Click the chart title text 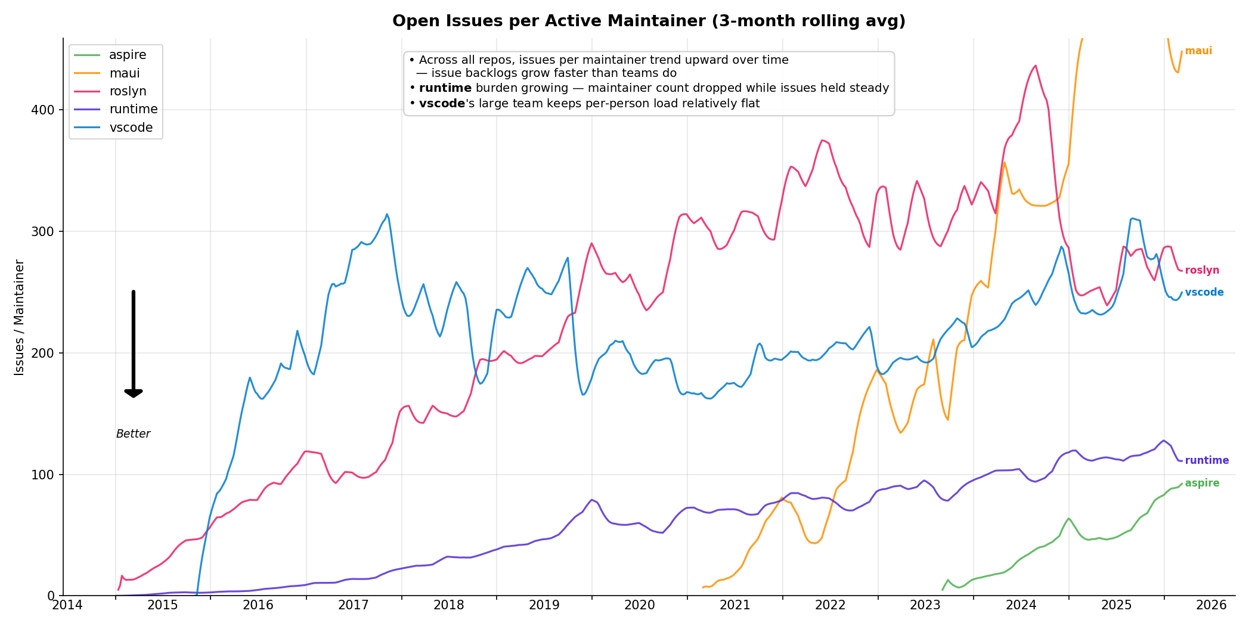pyautogui.click(x=649, y=21)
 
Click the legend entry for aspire pyautogui.click(x=128, y=55)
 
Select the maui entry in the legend pyautogui.click(x=125, y=73)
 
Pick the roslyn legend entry pyautogui.click(x=128, y=92)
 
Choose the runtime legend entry pyautogui.click(x=134, y=110)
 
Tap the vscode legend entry pyautogui.click(x=131, y=128)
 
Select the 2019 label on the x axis pyautogui.click(x=544, y=606)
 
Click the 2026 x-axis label pyautogui.click(x=1211, y=606)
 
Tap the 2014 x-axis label pyautogui.click(x=67, y=606)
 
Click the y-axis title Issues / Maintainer pyautogui.click(x=20, y=317)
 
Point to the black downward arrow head pyautogui.click(x=134, y=393)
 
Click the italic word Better pyautogui.click(x=133, y=434)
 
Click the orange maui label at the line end pyautogui.click(x=1198, y=51)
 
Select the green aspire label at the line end pyautogui.click(x=1202, y=484)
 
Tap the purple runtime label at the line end pyautogui.click(x=1207, y=461)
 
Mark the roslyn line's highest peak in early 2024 pyautogui.click(x=1035, y=66)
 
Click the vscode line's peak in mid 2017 pyautogui.click(x=387, y=215)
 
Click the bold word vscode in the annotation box pyautogui.click(x=442, y=104)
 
